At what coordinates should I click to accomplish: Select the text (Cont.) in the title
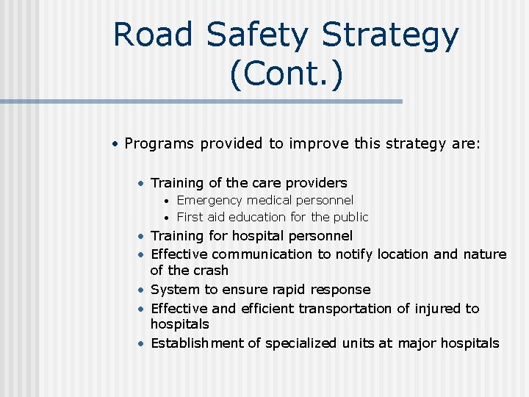(x=286, y=75)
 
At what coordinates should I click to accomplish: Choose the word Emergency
(x=209, y=200)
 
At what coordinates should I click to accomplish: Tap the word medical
(x=270, y=200)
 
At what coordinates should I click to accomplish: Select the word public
(x=350, y=217)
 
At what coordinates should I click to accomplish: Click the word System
(x=174, y=290)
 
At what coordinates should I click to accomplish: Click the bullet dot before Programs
(x=115, y=144)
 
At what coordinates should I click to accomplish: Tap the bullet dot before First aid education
(x=168, y=218)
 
